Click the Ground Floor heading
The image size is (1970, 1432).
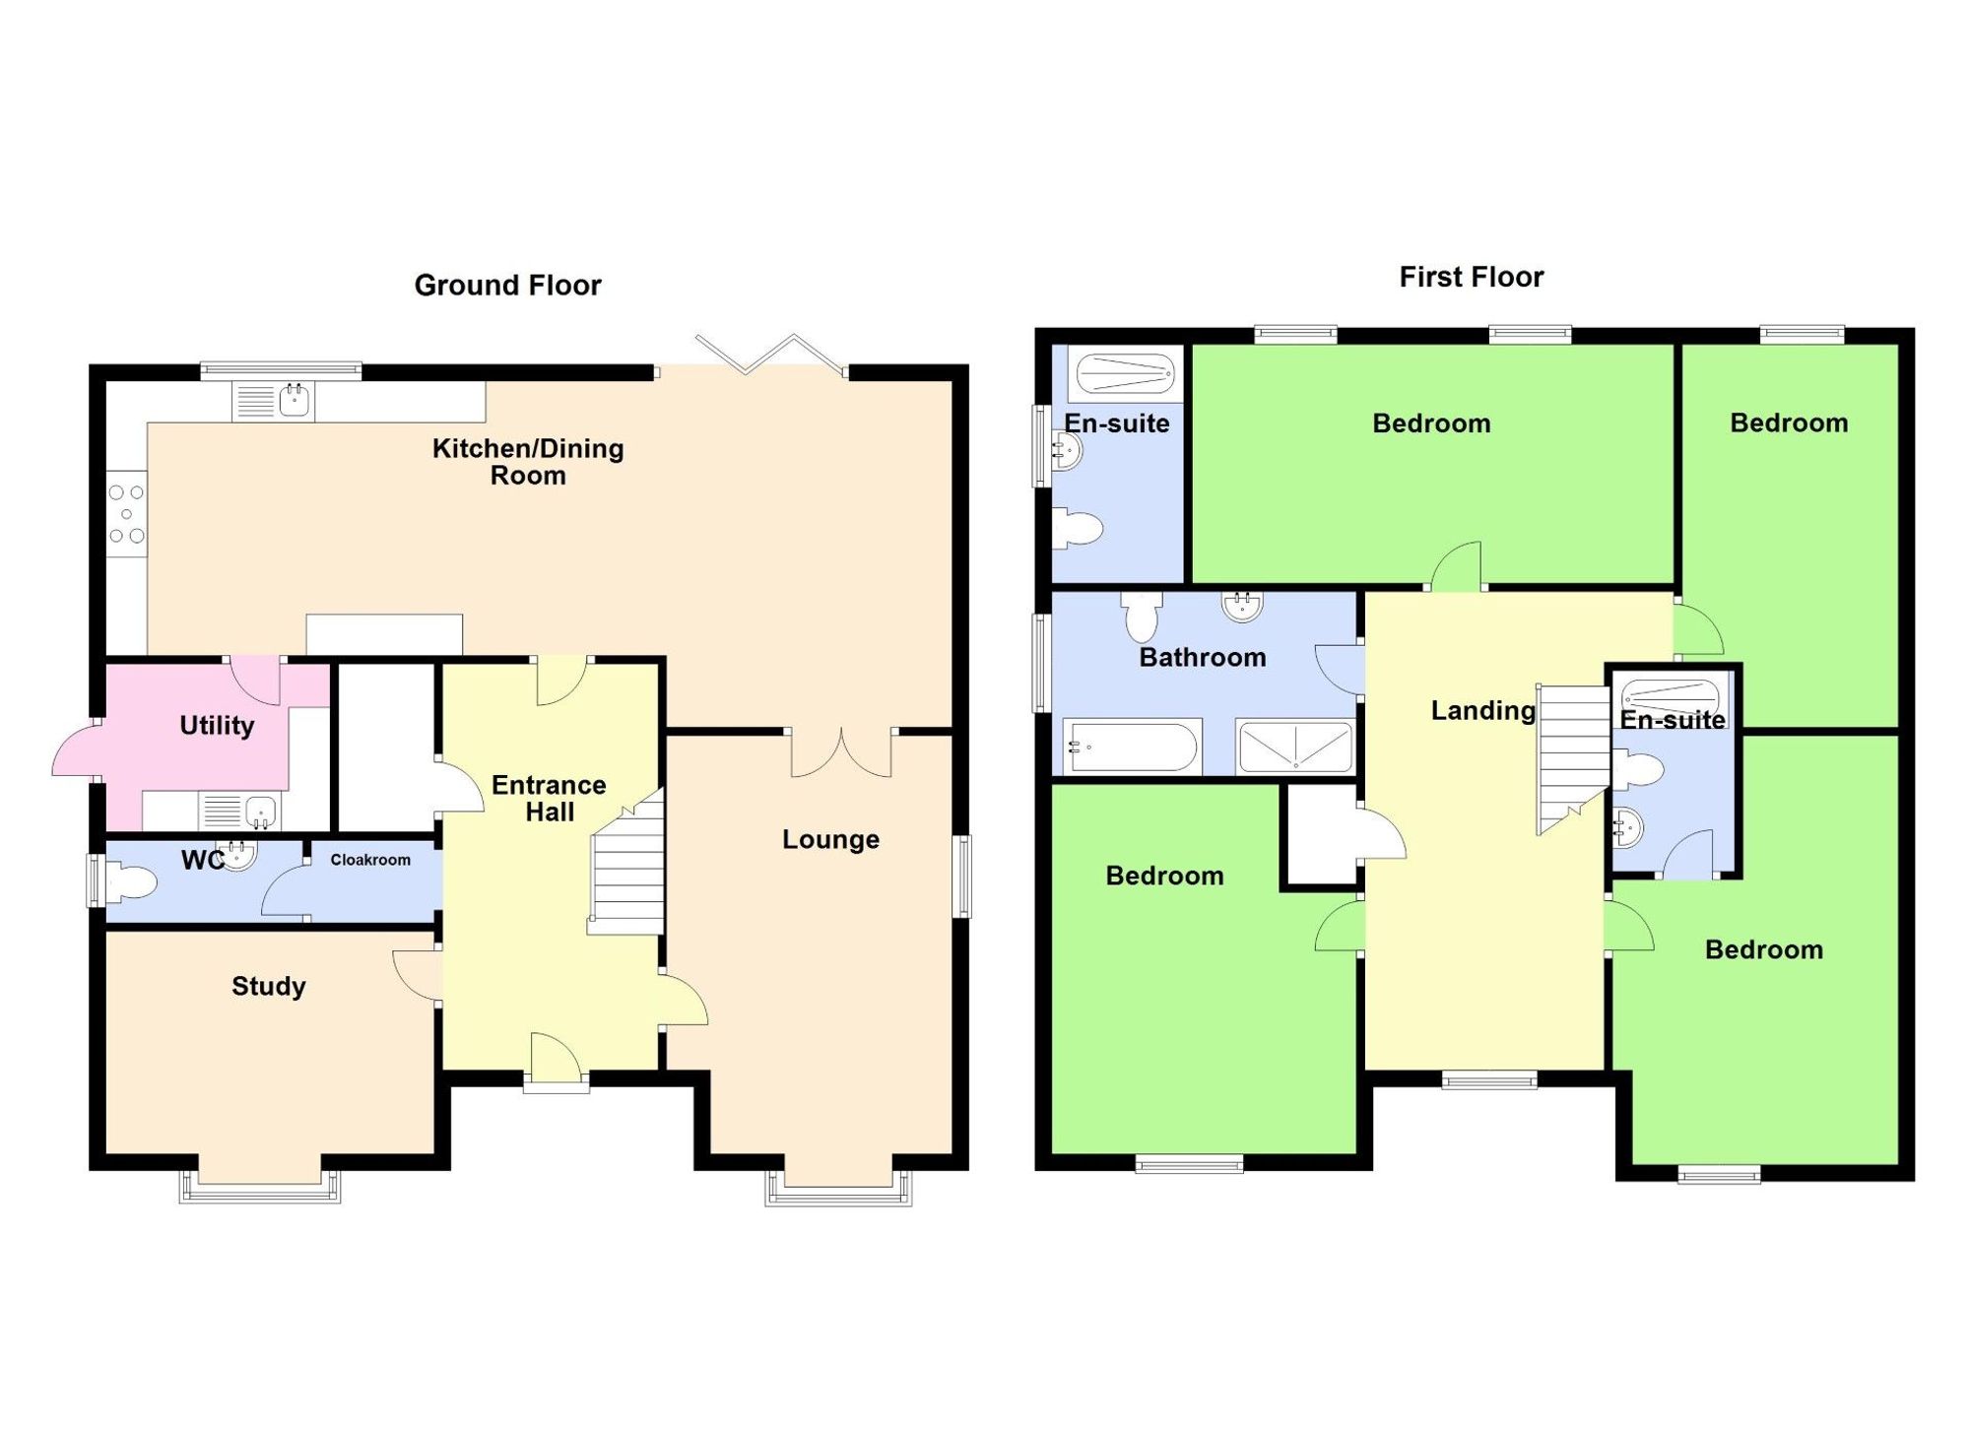point(507,286)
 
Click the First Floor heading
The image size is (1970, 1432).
point(1472,277)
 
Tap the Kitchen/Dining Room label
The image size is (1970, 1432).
point(528,462)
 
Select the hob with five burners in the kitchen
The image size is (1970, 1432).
point(126,514)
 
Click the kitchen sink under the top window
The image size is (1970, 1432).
point(274,402)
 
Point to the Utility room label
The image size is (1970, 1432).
point(217,726)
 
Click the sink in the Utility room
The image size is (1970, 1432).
point(239,812)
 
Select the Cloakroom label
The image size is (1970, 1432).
point(370,860)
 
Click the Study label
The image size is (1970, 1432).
point(269,987)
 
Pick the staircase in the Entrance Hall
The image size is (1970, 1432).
point(627,862)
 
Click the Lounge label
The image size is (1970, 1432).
point(830,840)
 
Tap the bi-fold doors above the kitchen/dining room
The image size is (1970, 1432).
point(770,355)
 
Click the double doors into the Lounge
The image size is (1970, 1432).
point(841,753)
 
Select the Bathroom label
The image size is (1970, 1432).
point(1203,658)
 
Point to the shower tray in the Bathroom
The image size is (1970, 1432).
point(1295,747)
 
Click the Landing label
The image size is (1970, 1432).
point(1483,710)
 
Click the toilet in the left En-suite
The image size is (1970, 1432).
point(1077,528)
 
